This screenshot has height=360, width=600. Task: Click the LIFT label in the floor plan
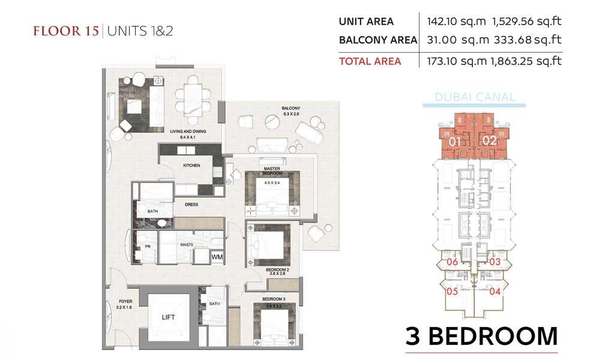point(169,317)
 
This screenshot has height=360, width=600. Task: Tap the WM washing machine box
point(217,257)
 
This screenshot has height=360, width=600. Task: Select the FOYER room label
point(125,301)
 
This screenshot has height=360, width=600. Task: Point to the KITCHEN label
point(191,165)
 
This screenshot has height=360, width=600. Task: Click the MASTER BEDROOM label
point(272,171)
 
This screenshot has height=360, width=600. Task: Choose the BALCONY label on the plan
point(291,108)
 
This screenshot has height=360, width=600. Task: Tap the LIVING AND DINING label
point(188,131)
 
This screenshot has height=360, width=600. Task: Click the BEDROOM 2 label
point(277,270)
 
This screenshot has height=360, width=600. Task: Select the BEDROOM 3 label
point(274,299)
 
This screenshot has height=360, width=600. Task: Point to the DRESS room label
point(191,204)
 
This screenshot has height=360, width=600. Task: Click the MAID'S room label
point(187,244)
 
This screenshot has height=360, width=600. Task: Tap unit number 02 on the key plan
point(490,141)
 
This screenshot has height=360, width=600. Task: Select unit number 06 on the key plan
point(452,262)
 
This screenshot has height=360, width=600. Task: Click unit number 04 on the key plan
point(495,292)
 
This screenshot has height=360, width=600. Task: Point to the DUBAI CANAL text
point(475,97)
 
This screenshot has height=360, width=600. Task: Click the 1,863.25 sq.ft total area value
point(526,61)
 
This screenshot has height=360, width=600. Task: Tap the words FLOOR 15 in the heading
point(66,31)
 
